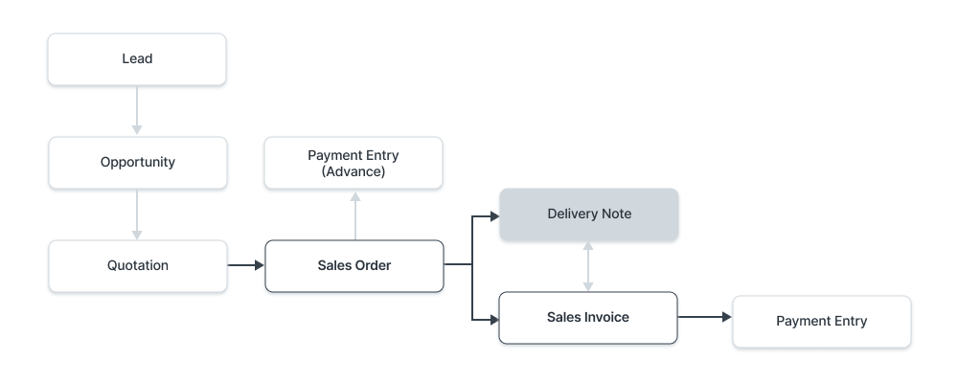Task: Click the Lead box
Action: point(137,58)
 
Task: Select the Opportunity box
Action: point(137,162)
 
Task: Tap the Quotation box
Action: point(137,265)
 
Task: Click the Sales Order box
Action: point(354,265)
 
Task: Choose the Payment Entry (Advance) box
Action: point(354,162)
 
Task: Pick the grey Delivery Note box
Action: point(589,214)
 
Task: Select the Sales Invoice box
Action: point(588,317)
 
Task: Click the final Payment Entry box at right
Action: point(821,321)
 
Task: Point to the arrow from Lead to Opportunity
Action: point(137,109)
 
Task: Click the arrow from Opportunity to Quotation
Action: point(137,213)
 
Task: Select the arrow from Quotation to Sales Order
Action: point(245,264)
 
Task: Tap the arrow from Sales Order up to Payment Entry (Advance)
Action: point(354,214)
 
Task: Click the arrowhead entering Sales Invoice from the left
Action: point(494,316)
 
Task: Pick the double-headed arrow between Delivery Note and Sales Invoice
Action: point(588,265)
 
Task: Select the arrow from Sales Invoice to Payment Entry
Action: point(704,316)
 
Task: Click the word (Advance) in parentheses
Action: point(354,171)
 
